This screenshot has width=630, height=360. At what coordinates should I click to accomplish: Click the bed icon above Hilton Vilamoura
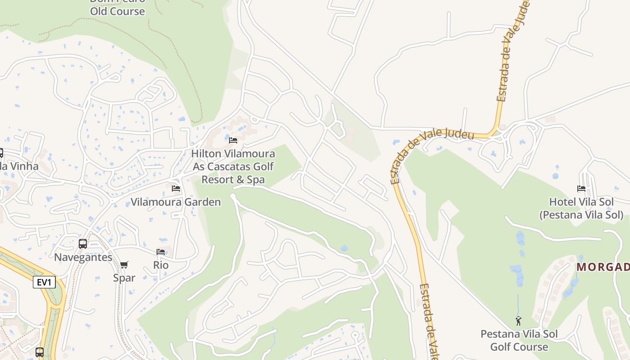pos(233,140)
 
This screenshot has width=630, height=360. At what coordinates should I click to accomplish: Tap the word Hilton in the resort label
pos(206,154)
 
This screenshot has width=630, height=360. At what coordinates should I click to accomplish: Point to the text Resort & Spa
pos(233,180)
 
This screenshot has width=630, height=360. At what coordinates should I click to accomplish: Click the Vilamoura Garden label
pos(175,202)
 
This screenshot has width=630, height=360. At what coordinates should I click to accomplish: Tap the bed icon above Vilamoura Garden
pos(176,188)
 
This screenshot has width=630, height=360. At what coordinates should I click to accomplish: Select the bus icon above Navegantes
pos(83,244)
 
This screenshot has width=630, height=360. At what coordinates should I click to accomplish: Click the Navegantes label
pos(83,257)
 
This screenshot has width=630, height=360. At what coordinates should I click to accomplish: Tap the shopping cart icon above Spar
pos(124,265)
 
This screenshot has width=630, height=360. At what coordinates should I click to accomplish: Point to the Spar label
pos(124,278)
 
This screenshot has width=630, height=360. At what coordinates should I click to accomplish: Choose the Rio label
pos(161,265)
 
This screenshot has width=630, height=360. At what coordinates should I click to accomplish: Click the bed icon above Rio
pos(161,252)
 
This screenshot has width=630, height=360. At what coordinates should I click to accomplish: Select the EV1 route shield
pos(44,283)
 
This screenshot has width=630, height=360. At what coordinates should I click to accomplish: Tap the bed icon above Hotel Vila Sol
pos(581,189)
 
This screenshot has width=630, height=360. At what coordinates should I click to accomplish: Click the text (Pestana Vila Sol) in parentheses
pos(581,215)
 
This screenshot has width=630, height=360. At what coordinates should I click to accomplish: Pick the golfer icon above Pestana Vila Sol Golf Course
pos(519,321)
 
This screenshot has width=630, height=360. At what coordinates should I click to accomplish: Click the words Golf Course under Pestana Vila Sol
pos(519,347)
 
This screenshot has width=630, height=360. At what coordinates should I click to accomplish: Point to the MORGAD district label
pos(603,267)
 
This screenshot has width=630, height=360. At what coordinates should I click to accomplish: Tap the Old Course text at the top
pos(117,11)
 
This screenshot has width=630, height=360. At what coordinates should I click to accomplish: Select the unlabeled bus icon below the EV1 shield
pos(40,352)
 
